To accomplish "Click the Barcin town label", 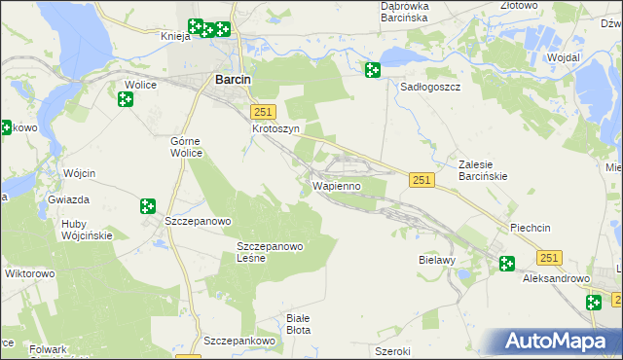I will pos(232,81).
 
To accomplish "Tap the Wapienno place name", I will pos(337,185).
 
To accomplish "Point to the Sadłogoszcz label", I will pos(430,86).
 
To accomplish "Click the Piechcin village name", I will pos(531,228).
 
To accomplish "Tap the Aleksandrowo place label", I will pos(558,278).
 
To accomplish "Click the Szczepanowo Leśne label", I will pos(271,252).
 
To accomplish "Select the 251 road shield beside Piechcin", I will pos(549,257).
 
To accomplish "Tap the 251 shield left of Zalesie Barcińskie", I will pos(421,180).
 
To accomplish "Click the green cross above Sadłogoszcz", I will pos(372,69).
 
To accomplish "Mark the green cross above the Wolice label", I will pos(126,98).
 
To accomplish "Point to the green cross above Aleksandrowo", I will pos(507,263).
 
